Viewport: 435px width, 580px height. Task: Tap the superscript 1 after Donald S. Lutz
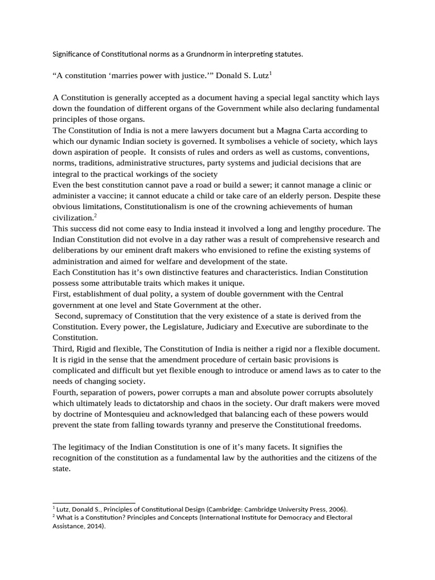271,72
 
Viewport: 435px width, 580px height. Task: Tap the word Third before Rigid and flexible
63,348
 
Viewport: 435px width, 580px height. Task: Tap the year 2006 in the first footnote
335,509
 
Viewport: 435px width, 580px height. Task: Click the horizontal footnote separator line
93,502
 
